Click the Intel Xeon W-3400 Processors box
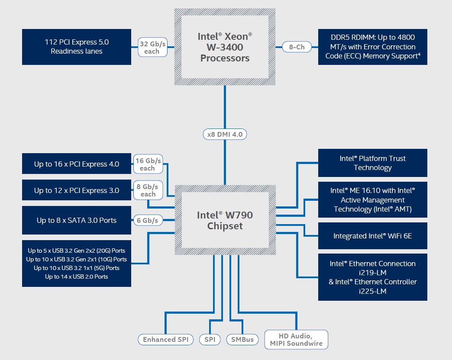tap(225, 47)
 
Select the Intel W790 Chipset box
tap(225, 220)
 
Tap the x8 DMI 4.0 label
tap(225, 135)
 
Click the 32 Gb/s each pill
tap(152, 47)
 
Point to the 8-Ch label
tap(297, 47)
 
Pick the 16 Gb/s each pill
tap(147, 164)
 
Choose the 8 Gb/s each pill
tap(148, 190)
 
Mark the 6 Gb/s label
tap(148, 220)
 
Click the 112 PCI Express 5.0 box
tap(77, 47)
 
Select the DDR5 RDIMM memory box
tap(372, 47)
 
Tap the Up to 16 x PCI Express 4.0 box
tap(77, 164)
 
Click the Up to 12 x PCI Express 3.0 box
tap(77, 190)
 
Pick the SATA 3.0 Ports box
tap(77, 220)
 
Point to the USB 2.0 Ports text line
tap(77, 276)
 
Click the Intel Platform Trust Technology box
tap(372, 163)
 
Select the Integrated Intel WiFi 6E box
tap(372, 236)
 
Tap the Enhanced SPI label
tap(165, 340)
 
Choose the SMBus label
tap(242, 340)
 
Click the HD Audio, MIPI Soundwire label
tap(297, 339)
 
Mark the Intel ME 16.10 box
tap(372, 199)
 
